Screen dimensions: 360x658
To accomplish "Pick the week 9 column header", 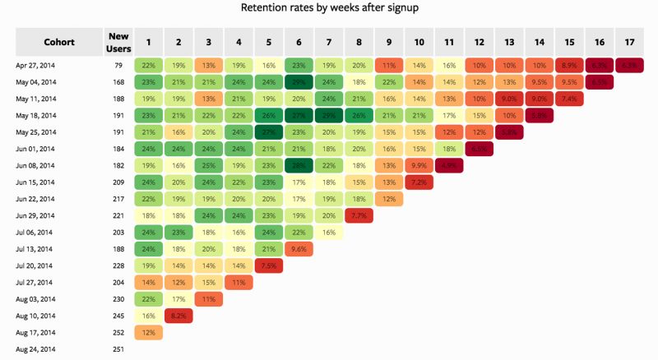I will (388, 41).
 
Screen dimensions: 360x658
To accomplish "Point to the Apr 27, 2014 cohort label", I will (35, 65).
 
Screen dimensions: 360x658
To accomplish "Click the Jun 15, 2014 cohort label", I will (35, 182).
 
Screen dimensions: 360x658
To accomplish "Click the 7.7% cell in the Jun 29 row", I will (358, 216).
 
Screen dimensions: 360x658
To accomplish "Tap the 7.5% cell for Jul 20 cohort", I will (268, 266).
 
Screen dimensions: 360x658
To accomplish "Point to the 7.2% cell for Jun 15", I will (418, 182).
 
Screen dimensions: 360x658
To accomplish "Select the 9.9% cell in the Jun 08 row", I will (418, 165).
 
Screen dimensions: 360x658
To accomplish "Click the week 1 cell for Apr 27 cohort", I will (149, 65).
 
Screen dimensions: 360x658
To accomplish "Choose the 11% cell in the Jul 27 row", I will (239, 283).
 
